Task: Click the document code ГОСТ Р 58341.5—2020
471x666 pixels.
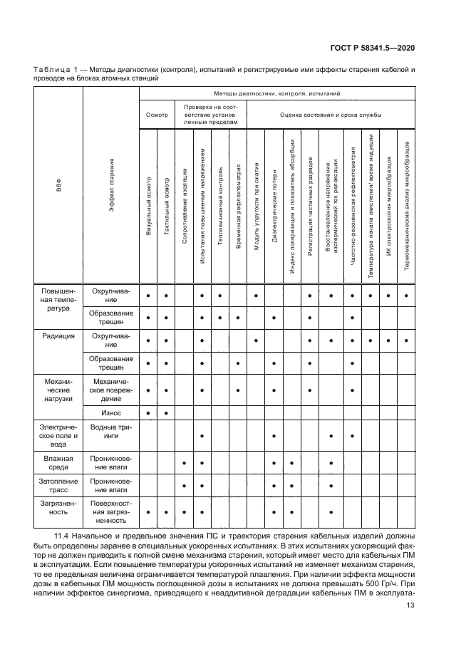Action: (382, 48)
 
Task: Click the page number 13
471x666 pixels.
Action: (410, 605)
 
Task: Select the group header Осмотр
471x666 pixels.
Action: (157, 114)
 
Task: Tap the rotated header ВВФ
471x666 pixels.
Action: (59, 187)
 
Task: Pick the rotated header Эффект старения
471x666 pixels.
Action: (112, 187)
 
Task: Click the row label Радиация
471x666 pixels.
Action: (59, 335)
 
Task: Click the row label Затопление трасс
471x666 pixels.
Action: (59, 486)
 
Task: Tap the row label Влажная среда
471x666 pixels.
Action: (59, 463)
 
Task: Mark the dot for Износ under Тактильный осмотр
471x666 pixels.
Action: (166, 412)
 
